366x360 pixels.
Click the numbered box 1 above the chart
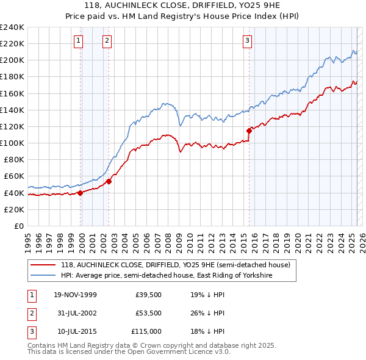pos(79,41)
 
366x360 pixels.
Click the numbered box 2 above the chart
pos(107,41)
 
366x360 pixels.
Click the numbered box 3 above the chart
pos(247,41)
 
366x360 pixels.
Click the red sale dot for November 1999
pos(81,193)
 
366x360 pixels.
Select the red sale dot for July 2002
pos(109,181)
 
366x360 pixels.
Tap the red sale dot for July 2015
pos(249,130)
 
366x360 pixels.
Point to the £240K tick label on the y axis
pos(12,27)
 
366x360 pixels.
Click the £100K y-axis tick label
pos(12,143)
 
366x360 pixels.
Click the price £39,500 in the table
pos(148,295)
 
